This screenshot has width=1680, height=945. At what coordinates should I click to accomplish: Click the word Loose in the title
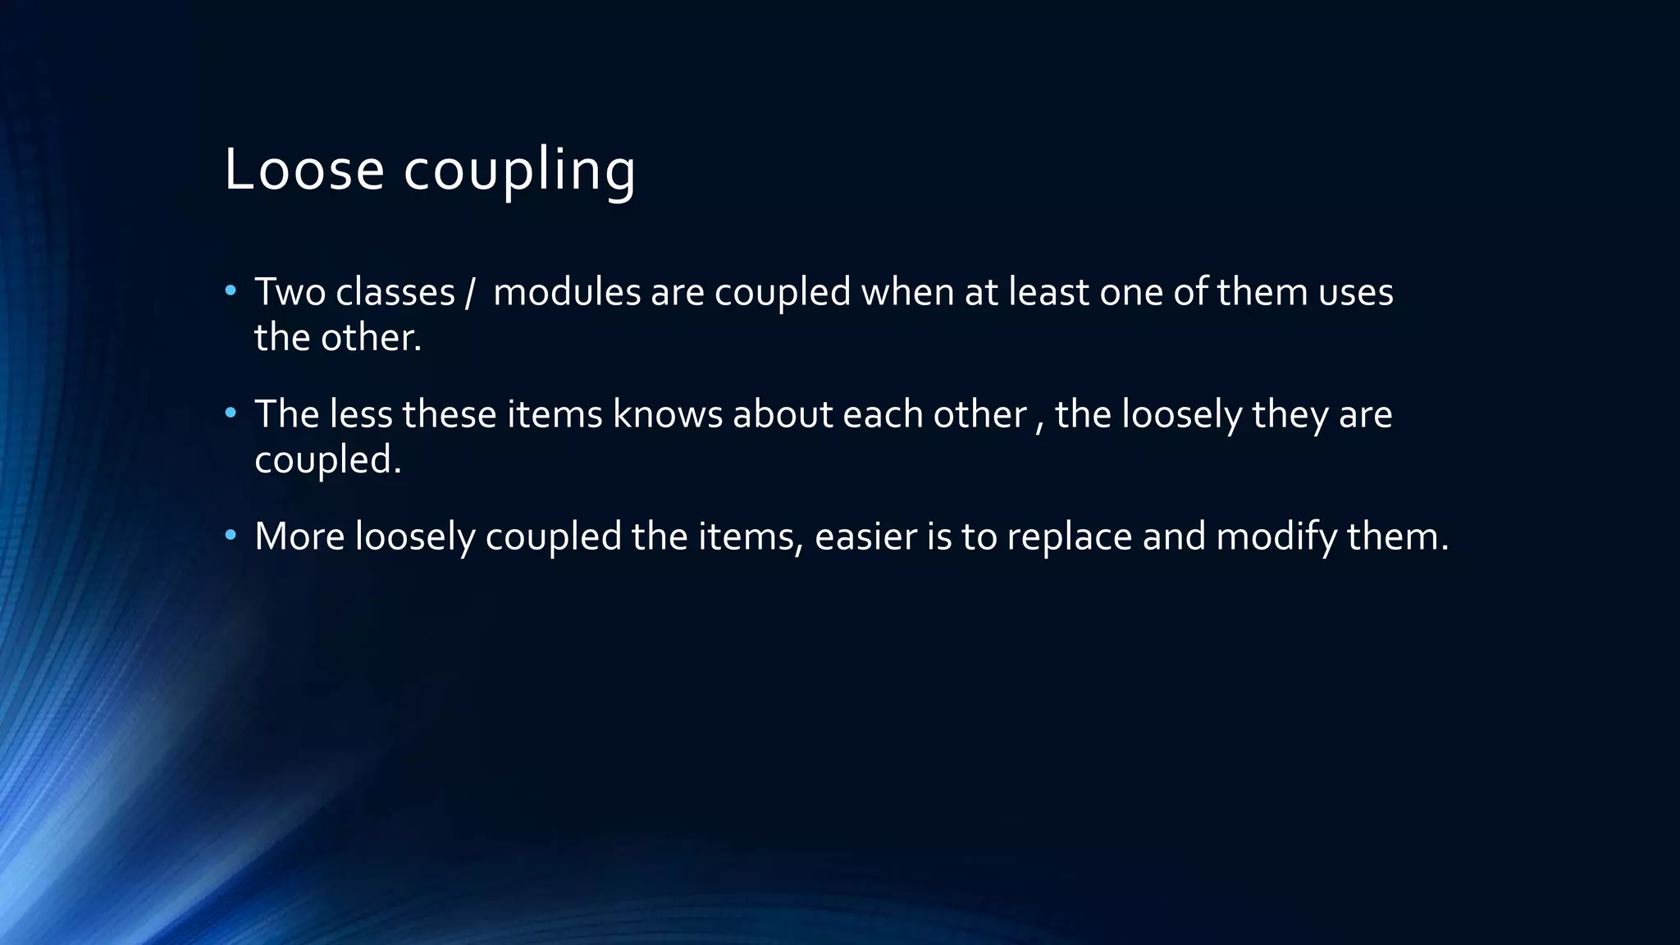[x=304, y=170]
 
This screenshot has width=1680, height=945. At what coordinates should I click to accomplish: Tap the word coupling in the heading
[x=519, y=171]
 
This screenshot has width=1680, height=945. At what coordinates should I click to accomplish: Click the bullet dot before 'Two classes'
[x=231, y=290]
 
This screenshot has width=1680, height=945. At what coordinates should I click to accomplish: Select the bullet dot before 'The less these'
[x=231, y=413]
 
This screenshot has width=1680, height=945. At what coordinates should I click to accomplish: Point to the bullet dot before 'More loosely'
[x=231, y=535]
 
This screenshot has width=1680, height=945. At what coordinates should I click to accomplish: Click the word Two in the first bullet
[x=290, y=292]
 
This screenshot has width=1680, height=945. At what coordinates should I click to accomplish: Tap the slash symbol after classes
[x=469, y=293]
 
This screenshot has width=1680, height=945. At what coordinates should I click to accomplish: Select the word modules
[x=567, y=292]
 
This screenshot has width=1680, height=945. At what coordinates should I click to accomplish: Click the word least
[x=1048, y=292]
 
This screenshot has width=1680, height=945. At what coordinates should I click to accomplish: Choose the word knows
[x=668, y=414]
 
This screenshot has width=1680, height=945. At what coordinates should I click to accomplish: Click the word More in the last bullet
[x=299, y=536]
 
